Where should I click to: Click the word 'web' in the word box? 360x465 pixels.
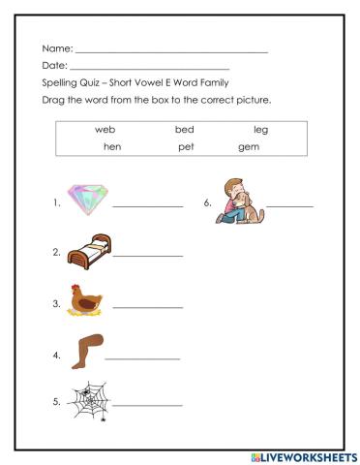pos(105,129)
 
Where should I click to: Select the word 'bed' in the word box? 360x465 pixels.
pos(184,129)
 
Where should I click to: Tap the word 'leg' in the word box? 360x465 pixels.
pos(260,129)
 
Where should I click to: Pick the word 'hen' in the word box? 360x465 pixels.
pos(111,147)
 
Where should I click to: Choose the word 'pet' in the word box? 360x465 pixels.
pos(186,147)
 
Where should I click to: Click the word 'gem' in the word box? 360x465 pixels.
pos(249,147)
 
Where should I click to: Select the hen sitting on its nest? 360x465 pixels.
pos(86,300)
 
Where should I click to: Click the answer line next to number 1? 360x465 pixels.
pos(147,206)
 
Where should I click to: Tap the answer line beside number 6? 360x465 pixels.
pos(290,206)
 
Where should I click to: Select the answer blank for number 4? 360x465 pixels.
pos(141,357)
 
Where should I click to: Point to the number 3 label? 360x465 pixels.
pos(56,303)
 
